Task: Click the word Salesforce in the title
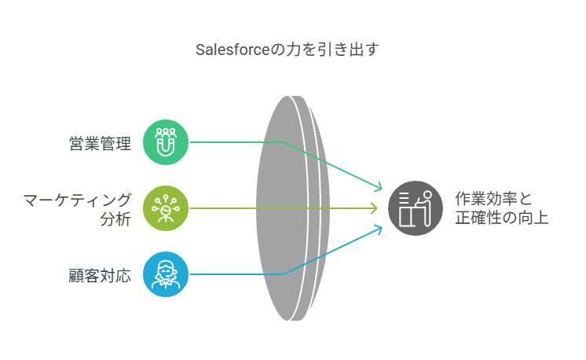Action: tap(233, 50)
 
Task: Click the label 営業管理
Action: tap(101, 144)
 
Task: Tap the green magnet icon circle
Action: tap(166, 142)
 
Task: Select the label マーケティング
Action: tap(77, 200)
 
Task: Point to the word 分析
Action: tap(115, 219)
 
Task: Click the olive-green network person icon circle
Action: tap(166, 208)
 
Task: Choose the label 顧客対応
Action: tap(100, 276)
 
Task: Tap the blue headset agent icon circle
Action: tap(166, 274)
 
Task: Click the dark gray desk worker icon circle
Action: tap(416, 208)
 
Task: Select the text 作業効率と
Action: tap(493, 199)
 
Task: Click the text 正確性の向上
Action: tap(501, 218)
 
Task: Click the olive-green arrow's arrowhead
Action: tap(374, 208)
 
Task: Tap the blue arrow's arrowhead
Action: tap(378, 230)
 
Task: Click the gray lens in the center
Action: tap(293, 208)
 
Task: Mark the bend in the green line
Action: tap(284, 142)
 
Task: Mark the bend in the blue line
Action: tap(284, 274)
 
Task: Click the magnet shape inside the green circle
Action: tap(166, 145)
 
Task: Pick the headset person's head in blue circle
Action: tap(166, 269)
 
